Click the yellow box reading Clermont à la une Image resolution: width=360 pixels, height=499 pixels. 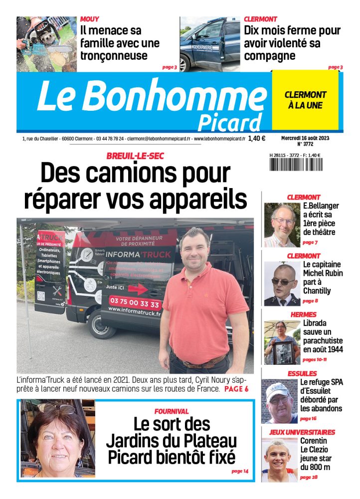click(305, 100)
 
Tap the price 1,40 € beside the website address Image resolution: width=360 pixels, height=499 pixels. click(256, 139)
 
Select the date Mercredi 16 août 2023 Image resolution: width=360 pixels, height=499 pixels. click(305, 138)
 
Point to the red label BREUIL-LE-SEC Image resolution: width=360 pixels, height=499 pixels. click(135, 156)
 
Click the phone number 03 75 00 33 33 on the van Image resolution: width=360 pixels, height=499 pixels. click(134, 304)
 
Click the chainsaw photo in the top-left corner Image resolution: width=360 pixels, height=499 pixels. click(46, 44)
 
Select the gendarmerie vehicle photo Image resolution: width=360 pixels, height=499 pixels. click(210, 44)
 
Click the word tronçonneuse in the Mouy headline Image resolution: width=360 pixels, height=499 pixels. click(114, 55)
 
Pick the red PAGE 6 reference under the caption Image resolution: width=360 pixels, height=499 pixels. click(236, 389)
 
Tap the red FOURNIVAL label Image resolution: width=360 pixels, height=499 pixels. click(172, 411)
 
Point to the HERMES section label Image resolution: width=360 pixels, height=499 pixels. click(303, 314)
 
